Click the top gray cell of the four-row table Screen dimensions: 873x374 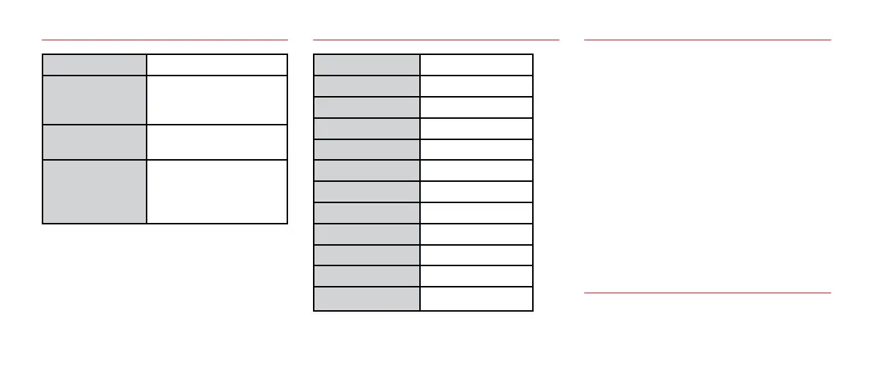coord(94,65)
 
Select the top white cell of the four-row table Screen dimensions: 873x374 coord(216,65)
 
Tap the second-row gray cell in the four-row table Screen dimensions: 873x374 coord(94,99)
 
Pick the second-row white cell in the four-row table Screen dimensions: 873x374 coord(216,99)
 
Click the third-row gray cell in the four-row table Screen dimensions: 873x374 coord(94,142)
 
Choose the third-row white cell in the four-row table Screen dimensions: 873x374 coord(216,142)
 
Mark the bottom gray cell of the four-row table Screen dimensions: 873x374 coord(94,191)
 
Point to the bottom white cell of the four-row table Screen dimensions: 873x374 coord(216,191)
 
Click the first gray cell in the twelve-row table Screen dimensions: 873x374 coord(366,65)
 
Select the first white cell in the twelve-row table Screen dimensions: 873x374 coord(476,65)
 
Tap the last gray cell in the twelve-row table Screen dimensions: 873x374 coord(366,299)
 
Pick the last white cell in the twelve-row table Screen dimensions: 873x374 coord(476,299)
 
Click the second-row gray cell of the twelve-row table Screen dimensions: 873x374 coord(366,86)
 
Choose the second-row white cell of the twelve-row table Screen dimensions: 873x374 coord(476,86)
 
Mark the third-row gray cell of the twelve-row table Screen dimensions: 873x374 coord(366,107)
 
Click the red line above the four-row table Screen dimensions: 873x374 coord(165,39)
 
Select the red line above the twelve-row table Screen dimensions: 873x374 coord(435,39)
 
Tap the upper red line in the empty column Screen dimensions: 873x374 coord(707,39)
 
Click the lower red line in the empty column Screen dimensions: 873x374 coord(707,293)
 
